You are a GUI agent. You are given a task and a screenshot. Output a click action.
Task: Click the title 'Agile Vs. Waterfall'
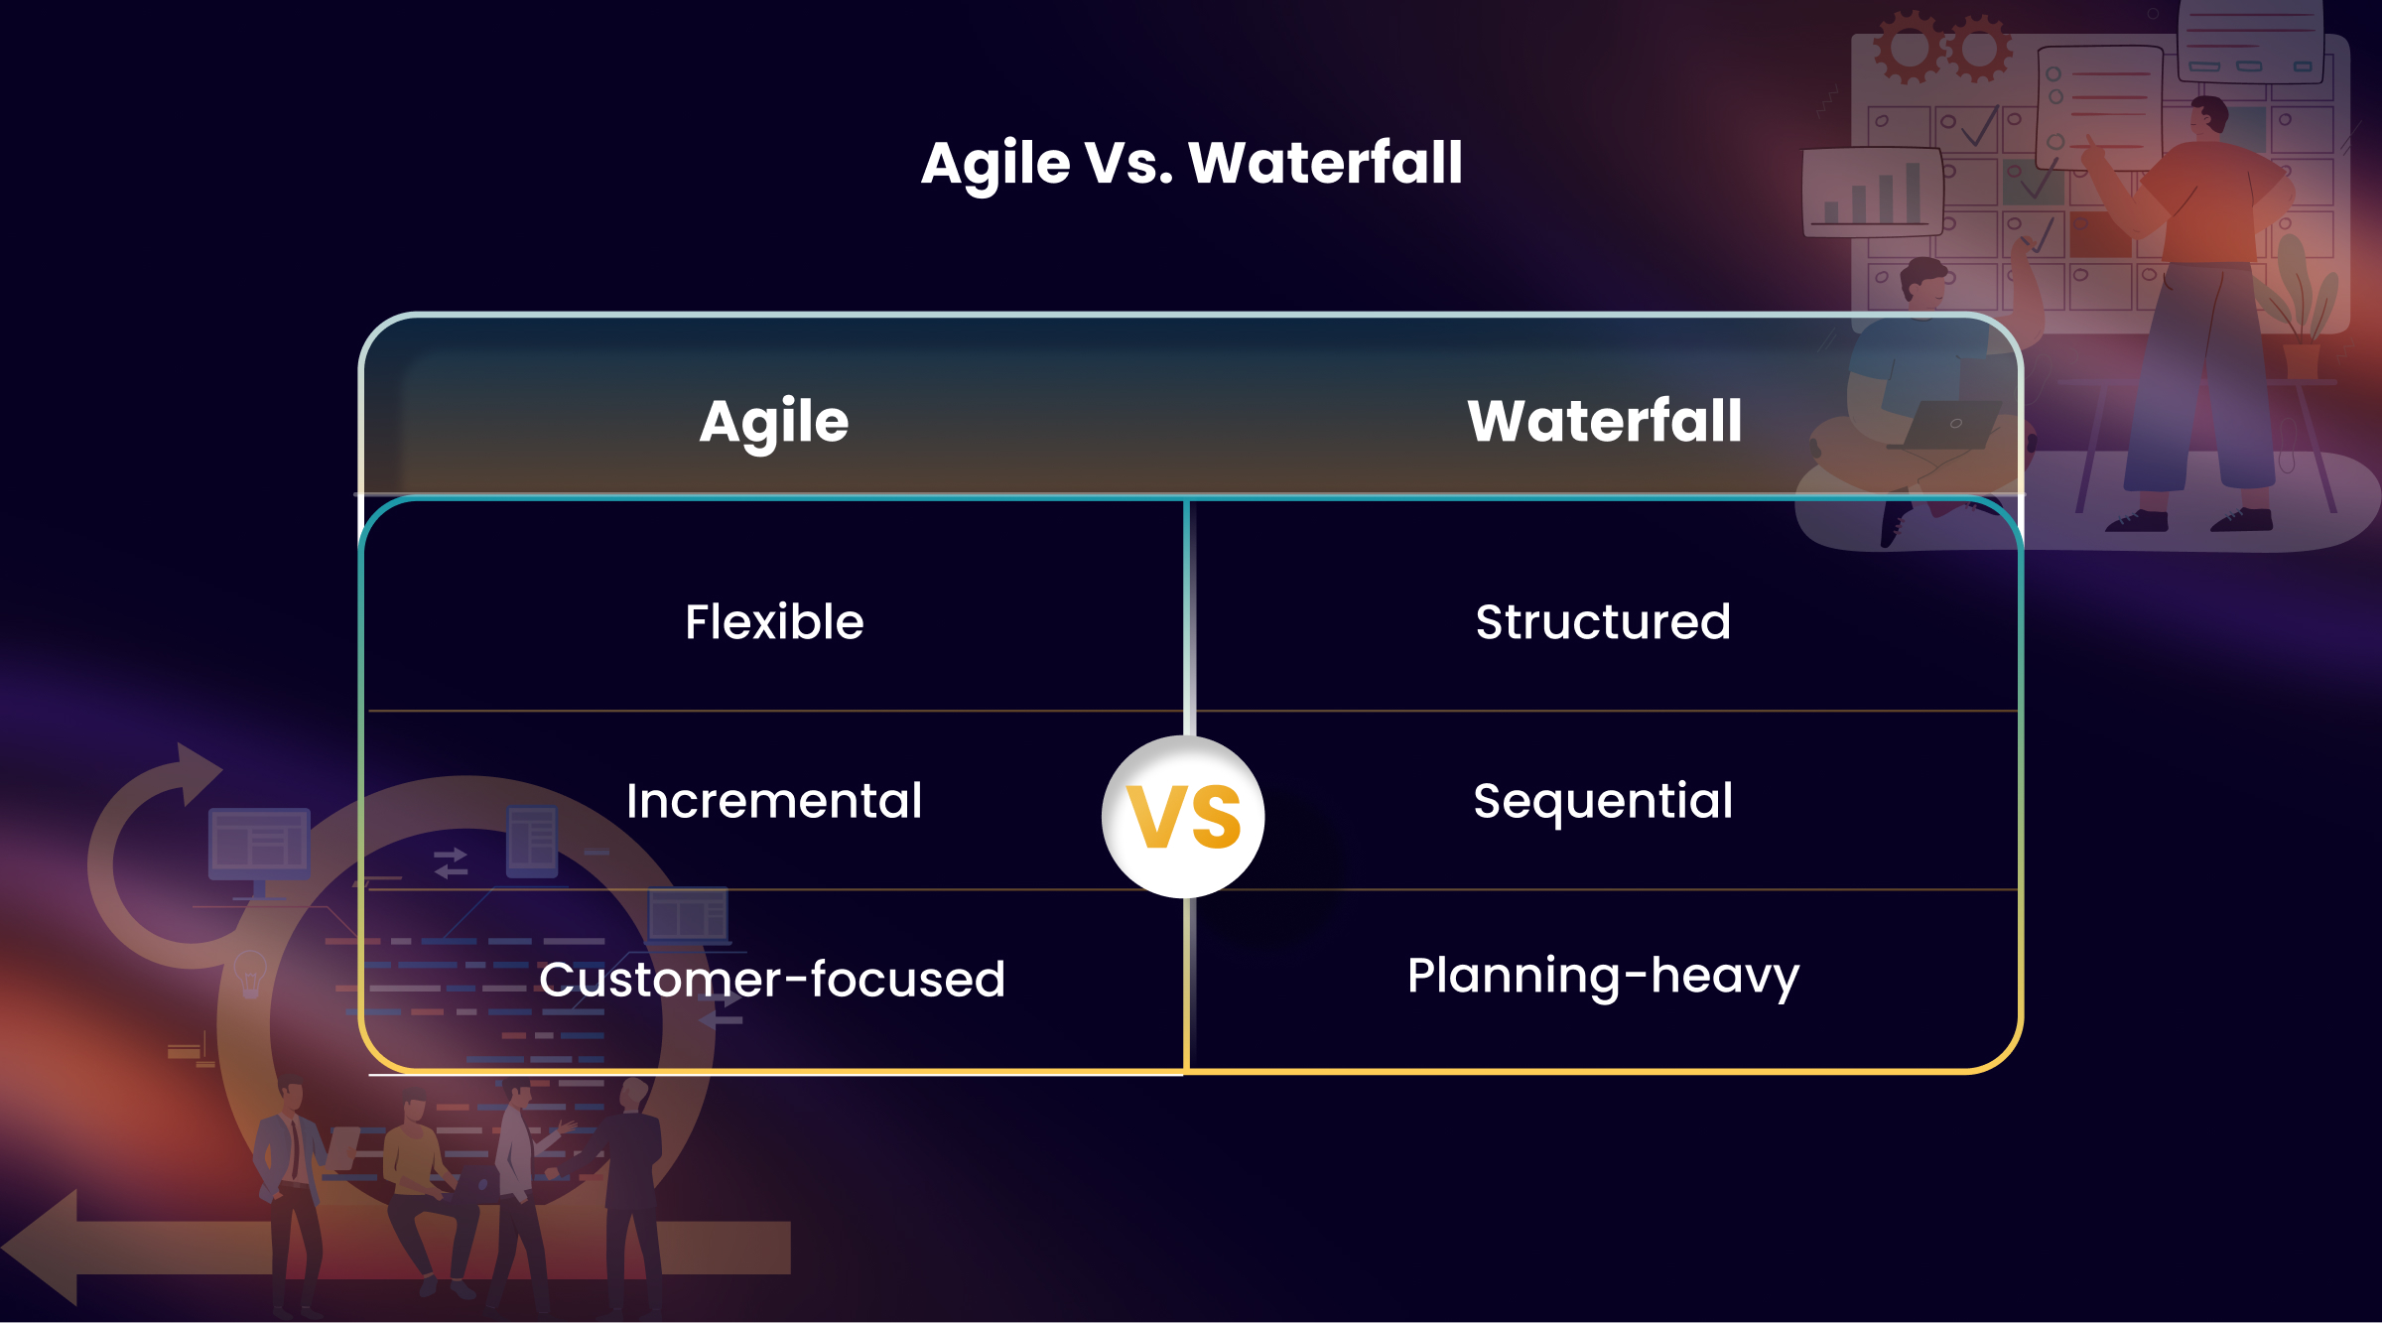point(1191,164)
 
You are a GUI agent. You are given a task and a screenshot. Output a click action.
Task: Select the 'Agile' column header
point(773,422)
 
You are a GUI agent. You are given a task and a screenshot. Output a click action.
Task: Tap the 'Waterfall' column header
point(1604,421)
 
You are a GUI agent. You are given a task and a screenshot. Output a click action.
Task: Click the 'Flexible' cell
point(774,622)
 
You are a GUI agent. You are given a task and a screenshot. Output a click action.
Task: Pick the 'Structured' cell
point(1603,622)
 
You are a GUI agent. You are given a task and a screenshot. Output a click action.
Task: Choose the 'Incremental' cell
point(774,801)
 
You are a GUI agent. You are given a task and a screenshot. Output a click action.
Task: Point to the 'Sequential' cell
point(1603,801)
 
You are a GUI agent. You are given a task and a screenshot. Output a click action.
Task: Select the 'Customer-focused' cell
point(772,980)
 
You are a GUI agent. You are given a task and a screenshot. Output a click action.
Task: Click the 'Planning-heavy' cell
point(1603,977)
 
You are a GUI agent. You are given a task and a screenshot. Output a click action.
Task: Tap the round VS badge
point(1183,817)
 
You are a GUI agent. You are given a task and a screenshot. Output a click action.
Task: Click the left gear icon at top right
point(1908,47)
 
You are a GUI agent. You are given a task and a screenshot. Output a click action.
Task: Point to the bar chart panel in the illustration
point(1871,192)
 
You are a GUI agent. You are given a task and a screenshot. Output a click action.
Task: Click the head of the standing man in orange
point(2209,116)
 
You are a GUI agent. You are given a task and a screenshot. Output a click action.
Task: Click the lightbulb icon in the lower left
point(249,973)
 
